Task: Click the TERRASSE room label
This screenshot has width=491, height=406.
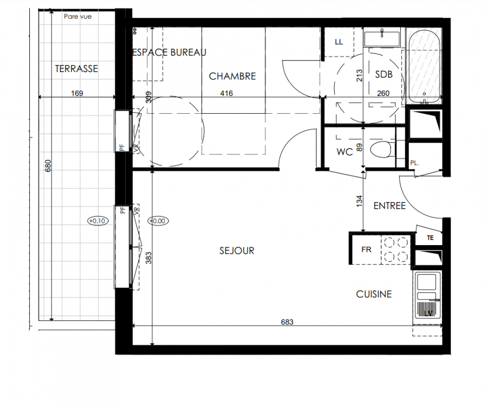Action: [77, 69]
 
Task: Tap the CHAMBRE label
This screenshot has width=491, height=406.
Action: [233, 76]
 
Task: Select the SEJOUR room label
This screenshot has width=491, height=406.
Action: [237, 251]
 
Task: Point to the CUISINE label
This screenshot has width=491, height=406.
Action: [374, 294]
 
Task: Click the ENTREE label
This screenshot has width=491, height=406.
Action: [390, 206]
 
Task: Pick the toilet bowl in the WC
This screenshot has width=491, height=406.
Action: [381, 149]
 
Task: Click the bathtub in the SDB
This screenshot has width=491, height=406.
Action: [424, 66]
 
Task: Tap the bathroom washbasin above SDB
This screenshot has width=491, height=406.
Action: [382, 38]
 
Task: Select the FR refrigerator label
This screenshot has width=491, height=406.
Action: [366, 250]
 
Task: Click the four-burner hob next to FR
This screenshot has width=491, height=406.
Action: [396, 250]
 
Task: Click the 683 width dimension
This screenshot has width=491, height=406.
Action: [287, 322]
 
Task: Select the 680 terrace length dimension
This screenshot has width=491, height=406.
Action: [48, 166]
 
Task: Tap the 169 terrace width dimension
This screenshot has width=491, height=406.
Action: [77, 93]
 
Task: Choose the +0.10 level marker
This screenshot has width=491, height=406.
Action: [98, 221]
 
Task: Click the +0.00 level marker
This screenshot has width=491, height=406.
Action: [158, 221]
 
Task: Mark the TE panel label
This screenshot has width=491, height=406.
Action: [430, 238]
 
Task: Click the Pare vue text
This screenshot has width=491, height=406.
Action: [78, 17]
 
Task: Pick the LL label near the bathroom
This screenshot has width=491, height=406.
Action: [339, 42]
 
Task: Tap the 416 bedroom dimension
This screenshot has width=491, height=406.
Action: [226, 93]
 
